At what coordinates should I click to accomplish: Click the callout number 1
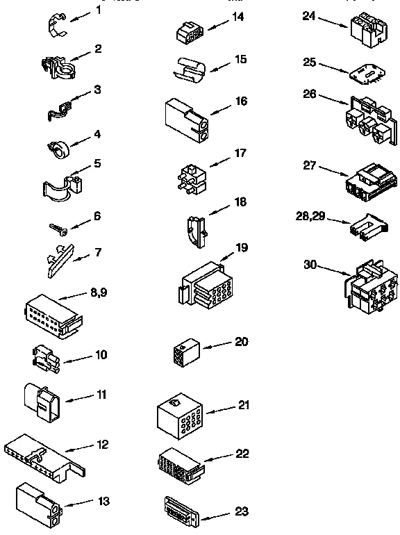click(x=97, y=10)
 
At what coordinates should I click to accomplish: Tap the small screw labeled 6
click(x=58, y=227)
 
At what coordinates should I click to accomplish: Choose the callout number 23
click(x=241, y=513)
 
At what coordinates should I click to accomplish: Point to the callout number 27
click(x=310, y=165)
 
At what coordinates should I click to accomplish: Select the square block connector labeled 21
click(x=178, y=418)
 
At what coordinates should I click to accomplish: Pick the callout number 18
click(x=241, y=201)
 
